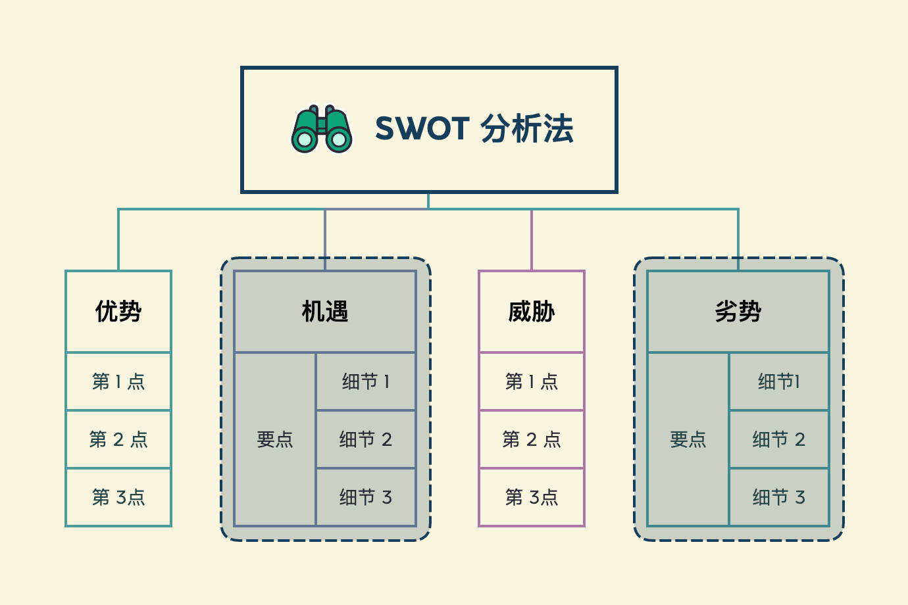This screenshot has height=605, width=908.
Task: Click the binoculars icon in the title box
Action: (322, 129)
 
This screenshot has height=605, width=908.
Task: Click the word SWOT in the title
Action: (422, 129)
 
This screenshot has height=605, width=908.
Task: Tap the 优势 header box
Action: (118, 311)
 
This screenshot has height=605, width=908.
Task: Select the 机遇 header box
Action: (325, 311)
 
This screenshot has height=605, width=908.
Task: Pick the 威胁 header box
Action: (532, 311)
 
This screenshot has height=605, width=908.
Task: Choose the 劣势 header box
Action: (738, 311)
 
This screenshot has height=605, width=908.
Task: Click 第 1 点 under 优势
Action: (118, 381)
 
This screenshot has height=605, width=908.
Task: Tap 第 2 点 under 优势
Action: (118, 439)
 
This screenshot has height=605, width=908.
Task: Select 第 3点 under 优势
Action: (118, 497)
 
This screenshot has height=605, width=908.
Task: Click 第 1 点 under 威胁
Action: (532, 381)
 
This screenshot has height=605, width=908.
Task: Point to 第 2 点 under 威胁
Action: (532, 439)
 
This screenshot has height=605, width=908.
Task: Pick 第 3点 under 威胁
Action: (532, 497)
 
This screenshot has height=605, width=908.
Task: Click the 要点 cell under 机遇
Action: (275, 439)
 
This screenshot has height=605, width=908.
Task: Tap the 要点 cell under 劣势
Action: (688, 439)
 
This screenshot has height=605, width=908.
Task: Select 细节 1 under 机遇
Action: (366, 381)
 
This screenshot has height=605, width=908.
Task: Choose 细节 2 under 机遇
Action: (366, 439)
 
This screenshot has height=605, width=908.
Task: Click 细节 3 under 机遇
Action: (366, 497)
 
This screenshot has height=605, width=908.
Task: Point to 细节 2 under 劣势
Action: (779, 439)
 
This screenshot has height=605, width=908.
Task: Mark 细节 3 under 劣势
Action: (779, 497)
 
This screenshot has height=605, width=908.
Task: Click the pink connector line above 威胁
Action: (532, 240)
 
